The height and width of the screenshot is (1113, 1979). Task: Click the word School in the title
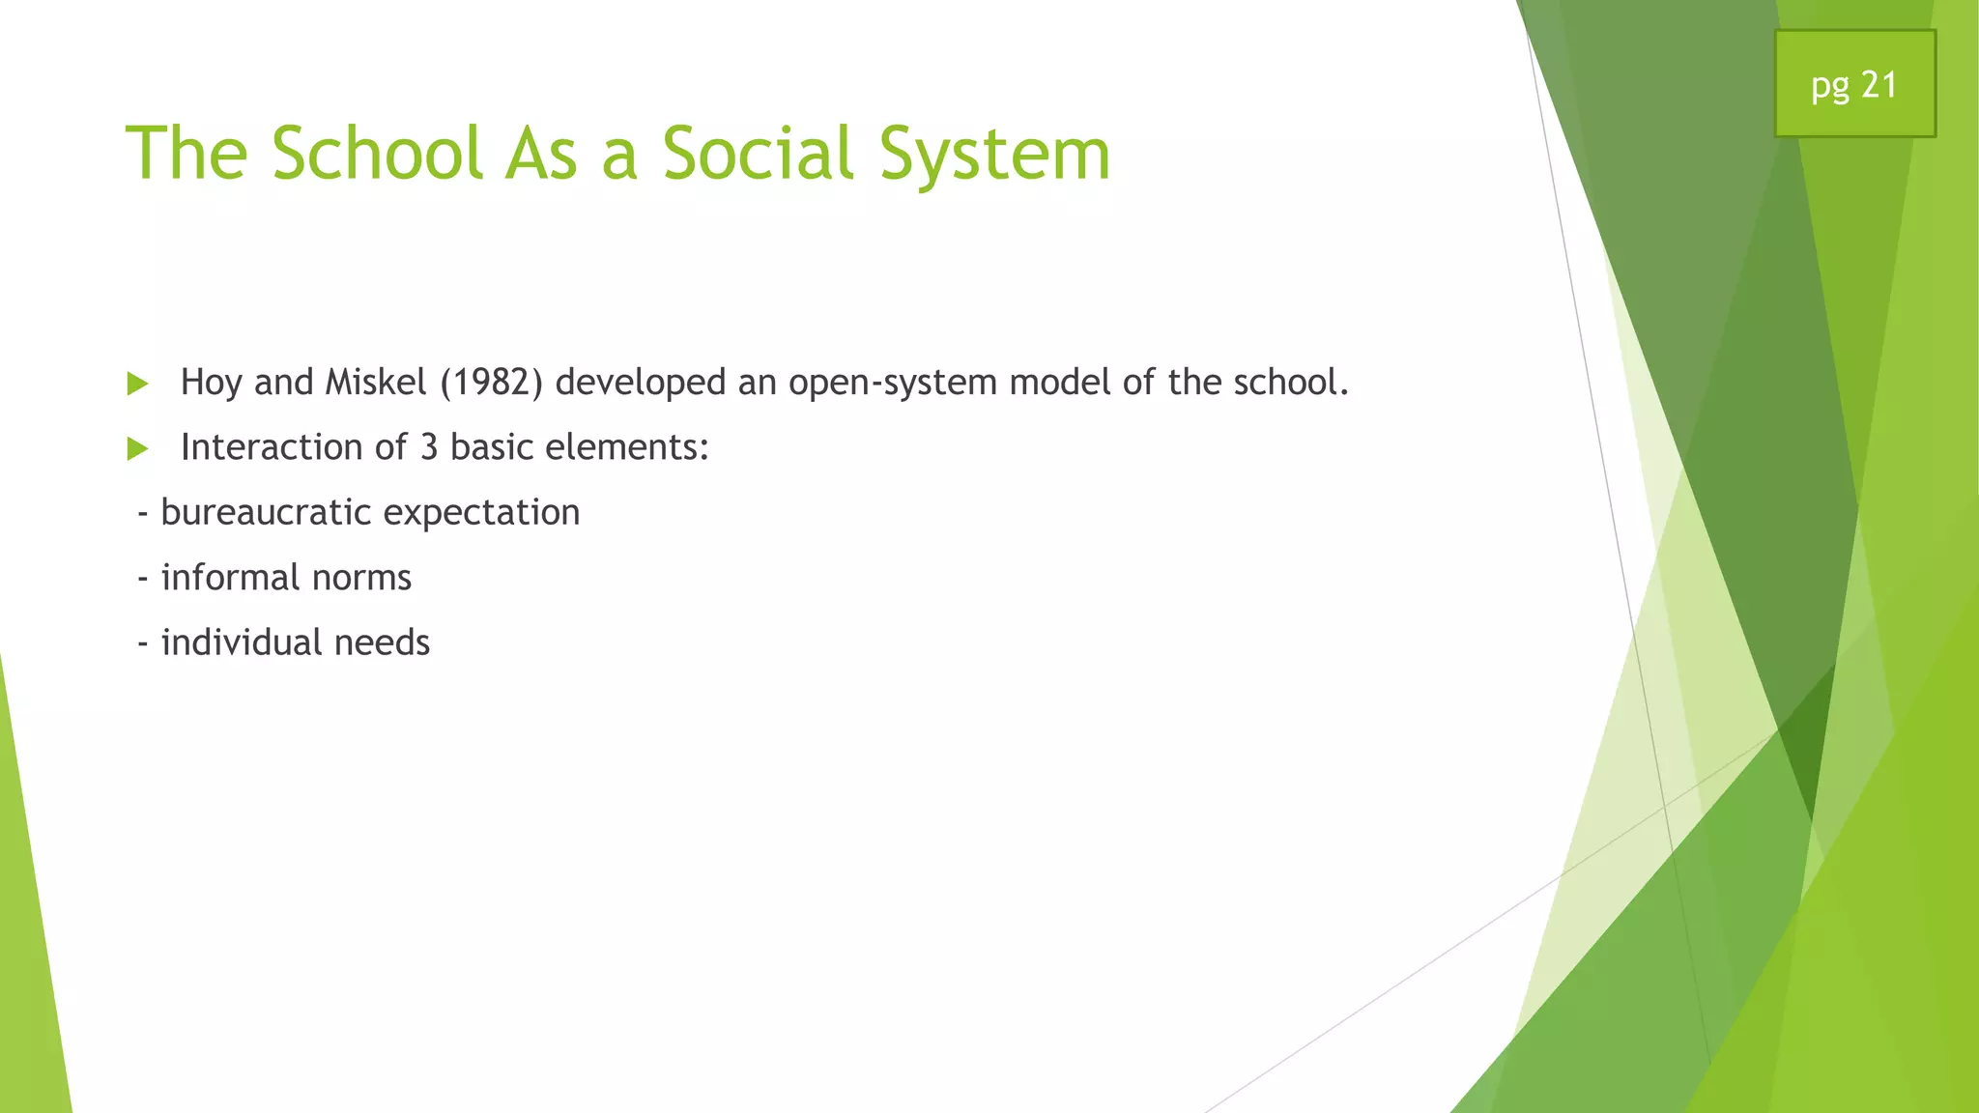coord(377,155)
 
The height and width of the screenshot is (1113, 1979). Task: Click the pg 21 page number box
coord(1854,84)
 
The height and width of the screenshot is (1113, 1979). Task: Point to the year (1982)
coord(491,383)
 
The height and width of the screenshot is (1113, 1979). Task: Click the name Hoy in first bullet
coord(211,384)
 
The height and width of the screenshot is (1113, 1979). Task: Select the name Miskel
coord(376,383)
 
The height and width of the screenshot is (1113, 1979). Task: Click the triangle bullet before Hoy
coord(137,384)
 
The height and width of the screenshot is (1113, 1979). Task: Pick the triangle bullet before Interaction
coord(137,448)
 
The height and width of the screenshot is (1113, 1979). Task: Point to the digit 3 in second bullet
coord(429,447)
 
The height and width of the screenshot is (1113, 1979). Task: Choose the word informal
coord(230,578)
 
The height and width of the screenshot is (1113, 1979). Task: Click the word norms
coord(361,578)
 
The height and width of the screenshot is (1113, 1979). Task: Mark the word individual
coord(241,642)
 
